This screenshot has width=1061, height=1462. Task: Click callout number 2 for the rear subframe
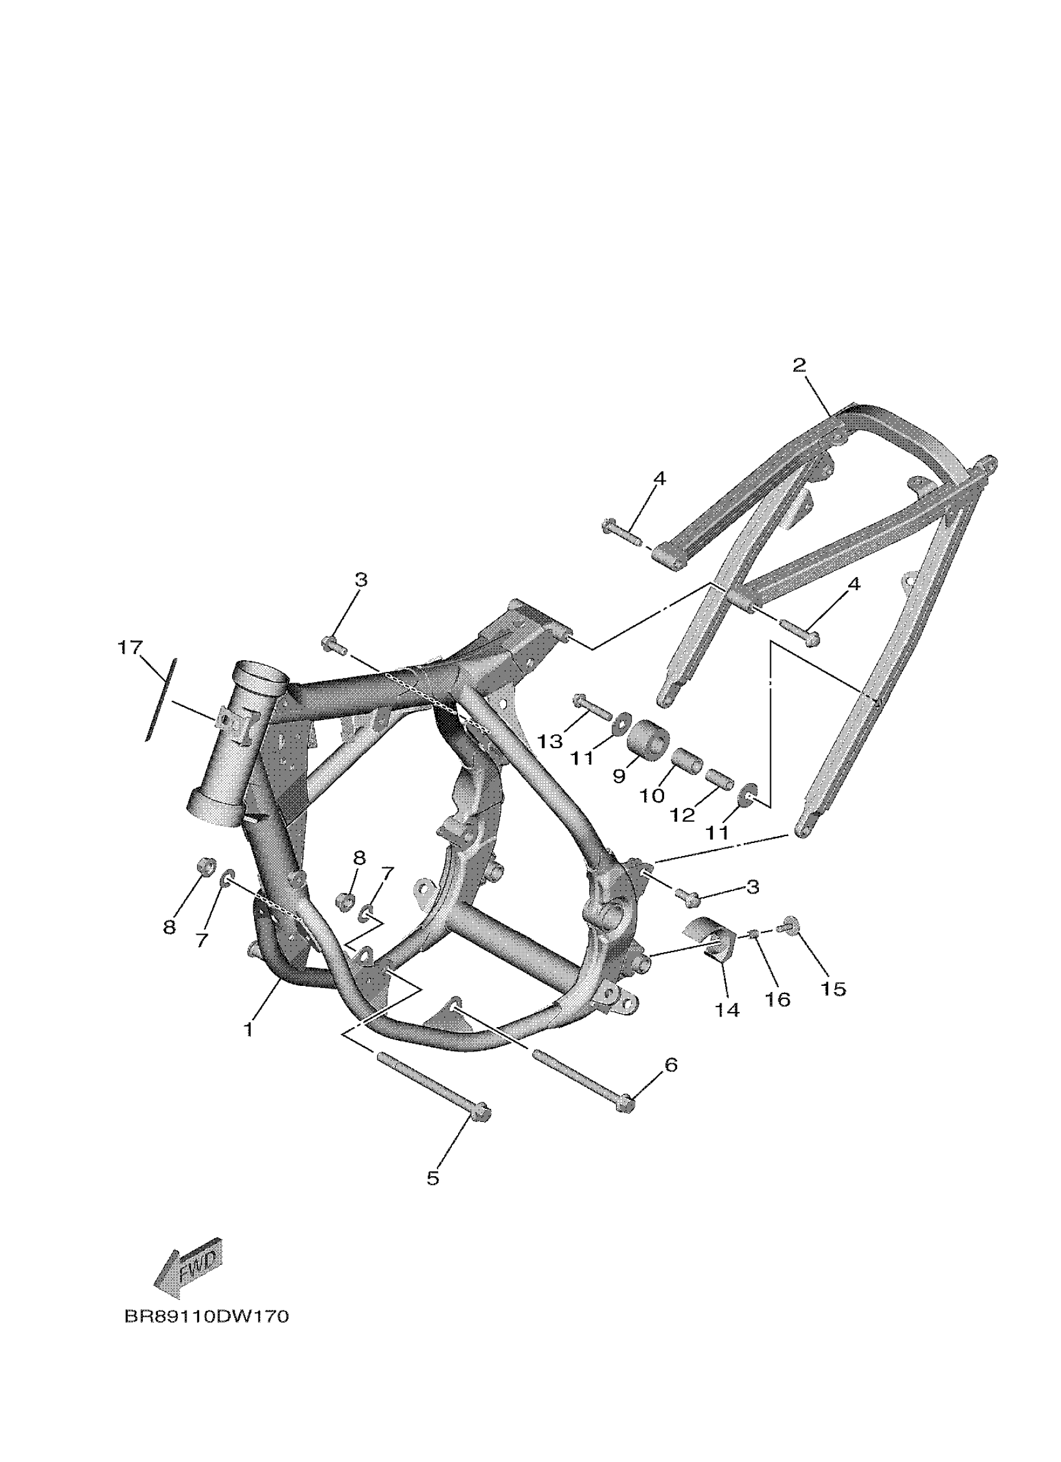799,366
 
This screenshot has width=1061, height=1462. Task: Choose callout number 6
671,1065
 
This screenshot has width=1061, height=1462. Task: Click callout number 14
728,1010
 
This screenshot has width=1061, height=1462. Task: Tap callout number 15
833,988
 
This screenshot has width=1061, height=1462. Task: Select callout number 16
778,999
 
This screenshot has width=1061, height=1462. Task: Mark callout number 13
550,741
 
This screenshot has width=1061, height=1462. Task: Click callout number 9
619,776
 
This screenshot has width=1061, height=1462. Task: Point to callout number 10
652,796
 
